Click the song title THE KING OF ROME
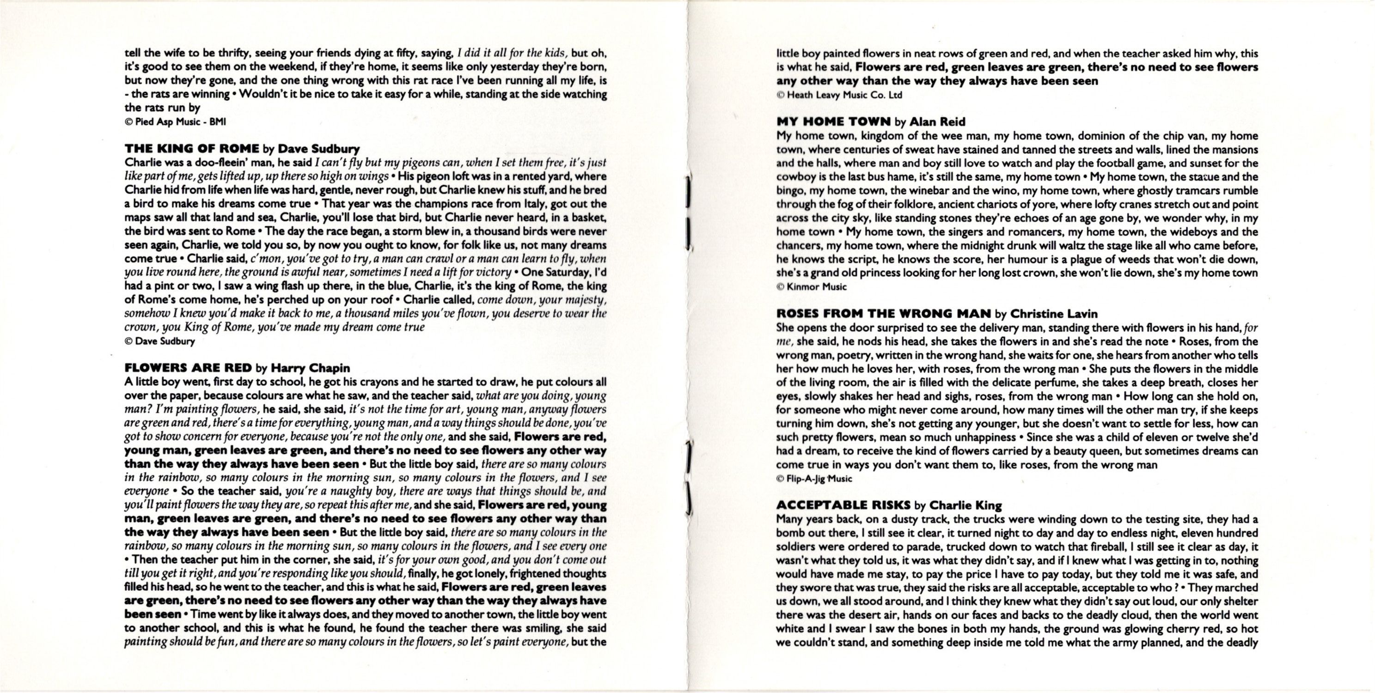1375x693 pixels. point(192,149)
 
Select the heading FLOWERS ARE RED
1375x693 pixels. point(188,368)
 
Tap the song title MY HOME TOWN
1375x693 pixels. point(833,122)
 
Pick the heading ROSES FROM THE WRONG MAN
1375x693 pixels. point(883,314)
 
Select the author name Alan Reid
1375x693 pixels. point(937,122)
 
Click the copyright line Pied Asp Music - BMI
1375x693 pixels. point(175,122)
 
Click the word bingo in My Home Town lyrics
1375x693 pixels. point(790,190)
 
